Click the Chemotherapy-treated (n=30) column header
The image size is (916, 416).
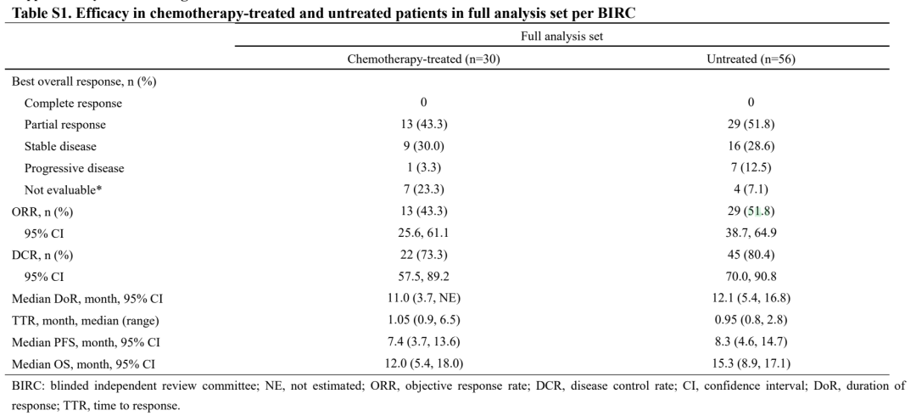click(423, 59)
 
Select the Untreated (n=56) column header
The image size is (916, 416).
click(751, 59)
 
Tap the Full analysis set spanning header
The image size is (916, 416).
click(562, 37)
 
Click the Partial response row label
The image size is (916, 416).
click(64, 125)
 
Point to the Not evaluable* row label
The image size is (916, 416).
click(63, 190)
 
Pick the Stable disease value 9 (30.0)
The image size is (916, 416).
click(423, 146)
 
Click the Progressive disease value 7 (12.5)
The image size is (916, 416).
click(751, 168)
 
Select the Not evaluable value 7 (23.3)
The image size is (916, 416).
click(423, 189)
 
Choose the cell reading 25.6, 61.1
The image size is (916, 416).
click(423, 233)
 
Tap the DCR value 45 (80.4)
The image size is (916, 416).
click(751, 255)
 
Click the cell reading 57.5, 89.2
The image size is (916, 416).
click(423, 277)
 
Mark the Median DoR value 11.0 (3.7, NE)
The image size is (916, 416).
click(423, 298)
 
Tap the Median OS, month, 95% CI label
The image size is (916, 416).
click(83, 364)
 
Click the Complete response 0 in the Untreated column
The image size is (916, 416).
click(751, 103)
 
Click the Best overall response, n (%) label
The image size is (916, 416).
click(84, 82)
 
